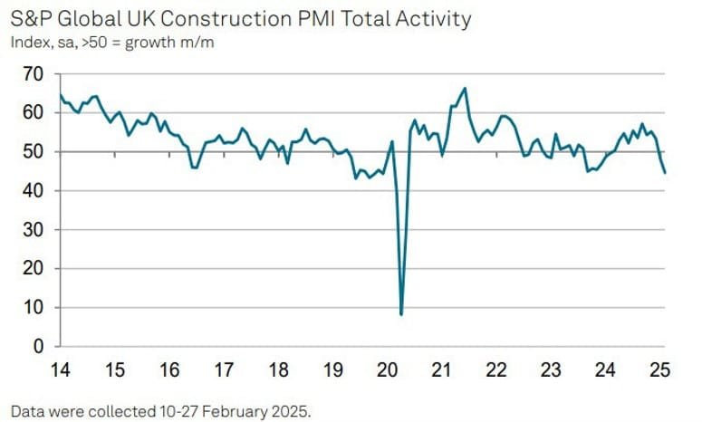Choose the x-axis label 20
pos(388,370)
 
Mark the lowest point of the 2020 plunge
pos(400,314)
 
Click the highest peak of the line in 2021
pos(465,88)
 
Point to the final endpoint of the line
pos(666,173)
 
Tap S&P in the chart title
pos(32,18)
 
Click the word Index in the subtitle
pos(29,41)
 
